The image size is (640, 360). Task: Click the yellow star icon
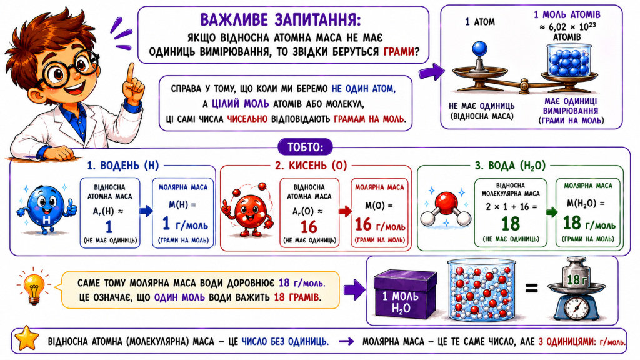pyautogui.click(x=26, y=338)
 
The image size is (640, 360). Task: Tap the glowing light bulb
pyautogui.click(x=34, y=287)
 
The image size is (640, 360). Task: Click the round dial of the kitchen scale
pyautogui.click(x=576, y=306)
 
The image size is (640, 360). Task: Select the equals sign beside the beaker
pyautogui.click(x=531, y=289)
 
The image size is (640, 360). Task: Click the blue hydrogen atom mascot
pyautogui.click(x=46, y=209)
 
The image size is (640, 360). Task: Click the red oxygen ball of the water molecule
pyautogui.click(x=446, y=202)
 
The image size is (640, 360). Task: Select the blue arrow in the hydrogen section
pyautogui.click(x=146, y=211)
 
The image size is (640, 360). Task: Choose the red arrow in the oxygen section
pyautogui.click(x=345, y=211)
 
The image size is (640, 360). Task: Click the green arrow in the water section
pyautogui.click(x=551, y=212)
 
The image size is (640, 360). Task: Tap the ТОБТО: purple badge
pyautogui.click(x=305, y=147)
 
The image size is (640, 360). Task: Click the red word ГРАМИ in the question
pyautogui.click(x=399, y=52)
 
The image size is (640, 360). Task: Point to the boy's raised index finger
pyautogui.click(x=130, y=74)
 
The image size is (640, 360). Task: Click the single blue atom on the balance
pyautogui.click(x=479, y=49)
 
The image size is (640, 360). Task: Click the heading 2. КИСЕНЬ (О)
pyautogui.click(x=311, y=165)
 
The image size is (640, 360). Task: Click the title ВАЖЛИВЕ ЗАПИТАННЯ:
pyautogui.click(x=281, y=19)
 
